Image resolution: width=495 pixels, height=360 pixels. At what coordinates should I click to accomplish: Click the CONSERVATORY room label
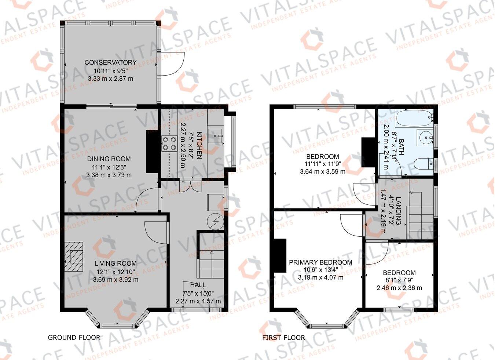point(110,62)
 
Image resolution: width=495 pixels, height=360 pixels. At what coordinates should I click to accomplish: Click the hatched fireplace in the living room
point(74,257)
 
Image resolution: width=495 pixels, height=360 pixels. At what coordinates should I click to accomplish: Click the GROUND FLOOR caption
point(74,337)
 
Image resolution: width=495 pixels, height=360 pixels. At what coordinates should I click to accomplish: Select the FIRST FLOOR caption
point(283,337)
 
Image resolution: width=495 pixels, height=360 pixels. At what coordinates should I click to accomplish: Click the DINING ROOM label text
point(109,159)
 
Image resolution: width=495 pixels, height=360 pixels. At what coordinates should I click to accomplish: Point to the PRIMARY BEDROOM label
point(320,262)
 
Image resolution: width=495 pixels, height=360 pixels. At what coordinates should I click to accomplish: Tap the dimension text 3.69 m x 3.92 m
point(115,280)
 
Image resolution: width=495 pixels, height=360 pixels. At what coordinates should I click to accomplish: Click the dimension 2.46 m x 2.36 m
point(399,288)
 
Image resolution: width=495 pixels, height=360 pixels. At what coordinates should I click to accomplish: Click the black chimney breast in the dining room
point(152,151)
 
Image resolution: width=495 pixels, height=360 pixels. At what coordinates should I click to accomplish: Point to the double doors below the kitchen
point(191,186)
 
